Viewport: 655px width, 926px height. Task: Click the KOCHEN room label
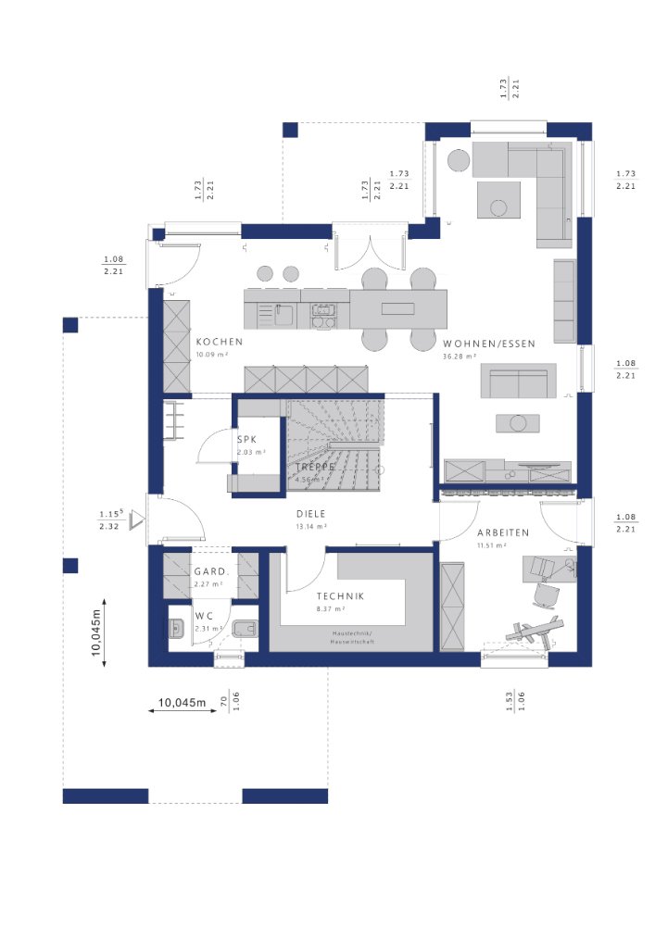point(219,342)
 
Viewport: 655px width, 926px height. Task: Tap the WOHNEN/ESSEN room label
point(489,344)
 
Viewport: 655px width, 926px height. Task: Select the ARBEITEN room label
point(503,533)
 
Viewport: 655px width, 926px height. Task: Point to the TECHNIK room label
point(340,597)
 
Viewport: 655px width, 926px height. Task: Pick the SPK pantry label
point(246,441)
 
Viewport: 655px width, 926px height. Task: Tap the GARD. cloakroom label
point(208,572)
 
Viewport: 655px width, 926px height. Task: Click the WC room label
point(204,615)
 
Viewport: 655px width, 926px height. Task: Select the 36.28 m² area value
point(459,357)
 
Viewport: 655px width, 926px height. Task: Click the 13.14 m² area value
point(309,526)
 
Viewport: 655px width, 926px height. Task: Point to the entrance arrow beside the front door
point(137,521)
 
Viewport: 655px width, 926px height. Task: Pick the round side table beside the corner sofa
point(459,159)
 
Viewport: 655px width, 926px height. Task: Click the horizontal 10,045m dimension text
point(182,704)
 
